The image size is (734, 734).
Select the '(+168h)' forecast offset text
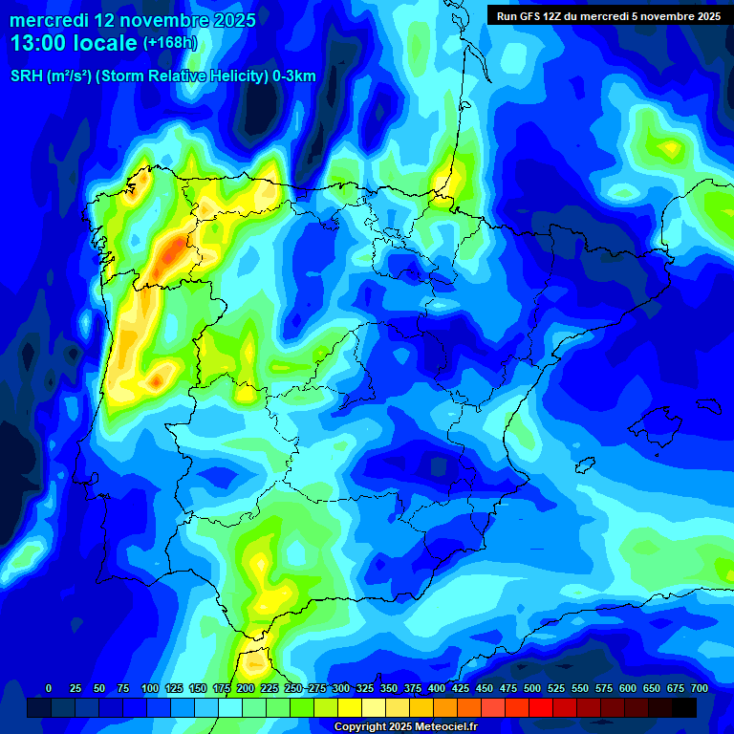coord(169,43)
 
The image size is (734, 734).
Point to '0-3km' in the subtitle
coord(294,76)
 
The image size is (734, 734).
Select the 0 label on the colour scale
coord(49,688)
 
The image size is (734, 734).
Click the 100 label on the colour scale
coord(150,688)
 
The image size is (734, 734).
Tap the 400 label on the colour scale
coord(437,688)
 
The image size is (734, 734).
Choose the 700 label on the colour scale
coord(699,688)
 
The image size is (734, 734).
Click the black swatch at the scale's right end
coord(684,707)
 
